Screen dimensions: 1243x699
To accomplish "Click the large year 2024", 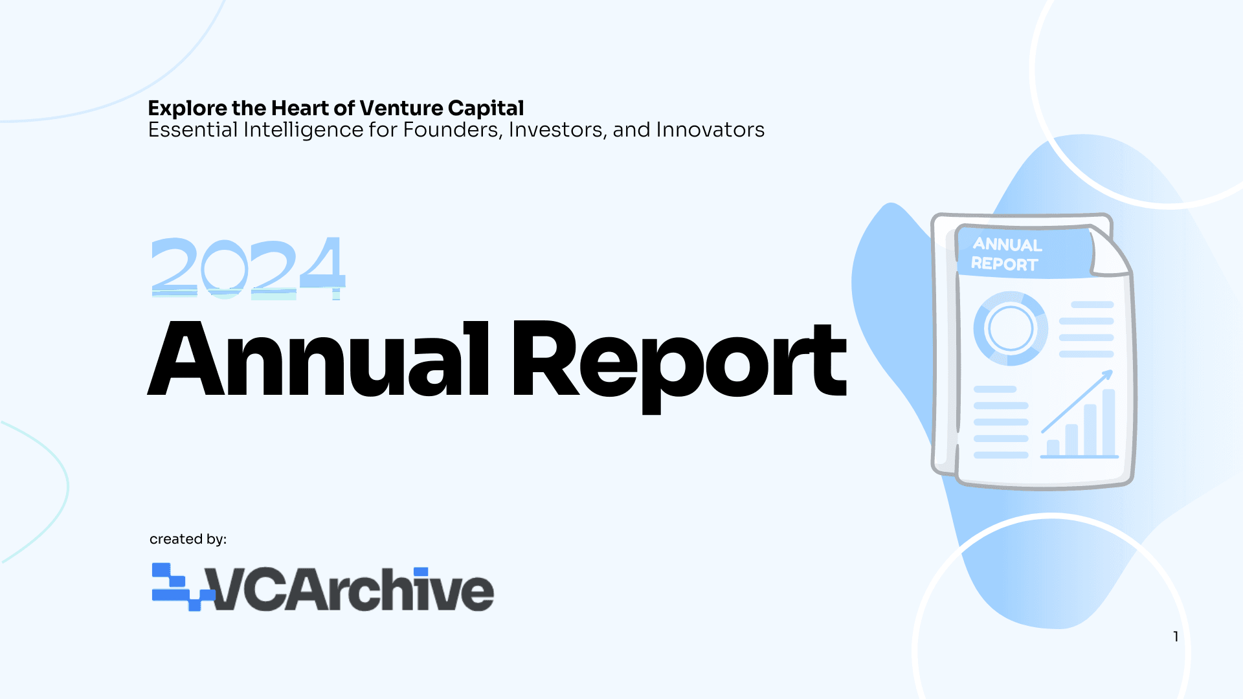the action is click(x=248, y=267).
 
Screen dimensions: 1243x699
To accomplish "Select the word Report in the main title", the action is click(x=679, y=366).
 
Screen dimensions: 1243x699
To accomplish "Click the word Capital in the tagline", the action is click(x=486, y=108).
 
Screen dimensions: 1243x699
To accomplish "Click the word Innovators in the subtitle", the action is click(x=710, y=129).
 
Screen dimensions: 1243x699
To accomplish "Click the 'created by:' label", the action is click(x=188, y=539).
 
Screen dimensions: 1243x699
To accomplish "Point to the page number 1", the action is click(x=1176, y=637).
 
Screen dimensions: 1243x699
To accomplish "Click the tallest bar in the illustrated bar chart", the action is click(x=1108, y=422).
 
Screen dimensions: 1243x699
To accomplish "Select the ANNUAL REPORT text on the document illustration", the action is click(x=1006, y=254).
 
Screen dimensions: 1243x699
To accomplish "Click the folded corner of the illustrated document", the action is click(x=1110, y=251).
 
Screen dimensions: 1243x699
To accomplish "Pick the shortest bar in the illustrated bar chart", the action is click(x=1053, y=448).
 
